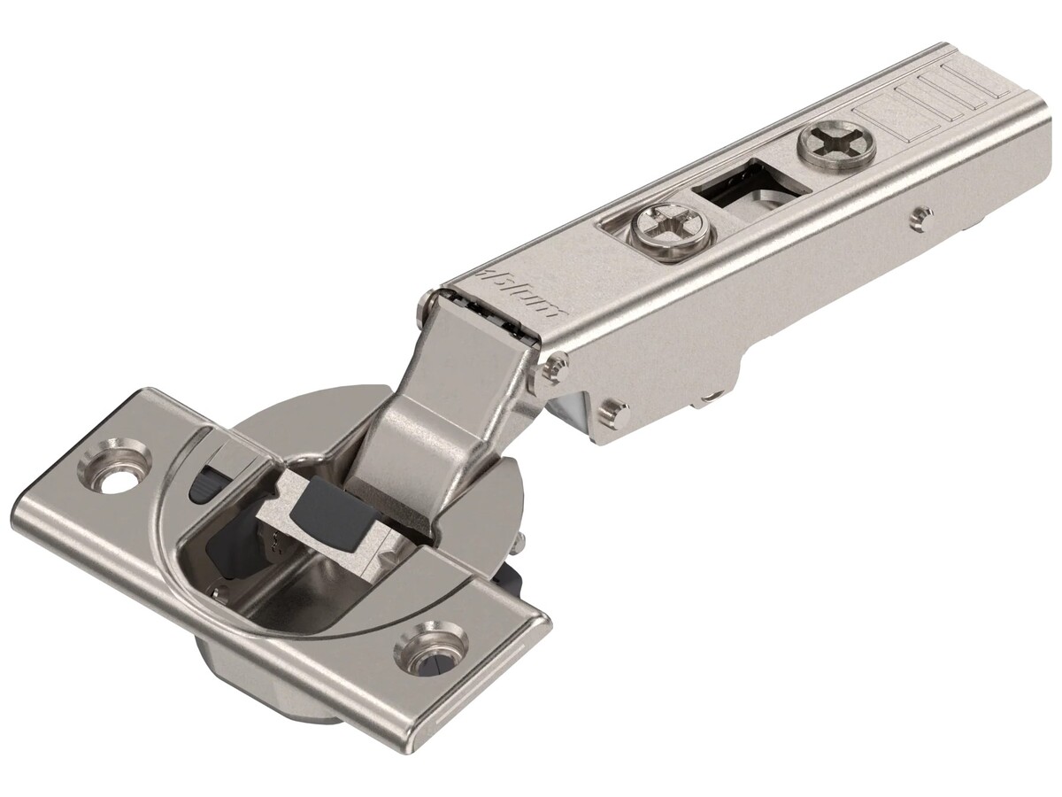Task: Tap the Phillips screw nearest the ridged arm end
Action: pyautogui.click(x=836, y=144)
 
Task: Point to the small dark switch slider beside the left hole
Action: pyautogui.click(x=204, y=484)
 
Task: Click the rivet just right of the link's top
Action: pyautogui.click(x=556, y=365)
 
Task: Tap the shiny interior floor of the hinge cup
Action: pyautogui.click(x=292, y=602)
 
